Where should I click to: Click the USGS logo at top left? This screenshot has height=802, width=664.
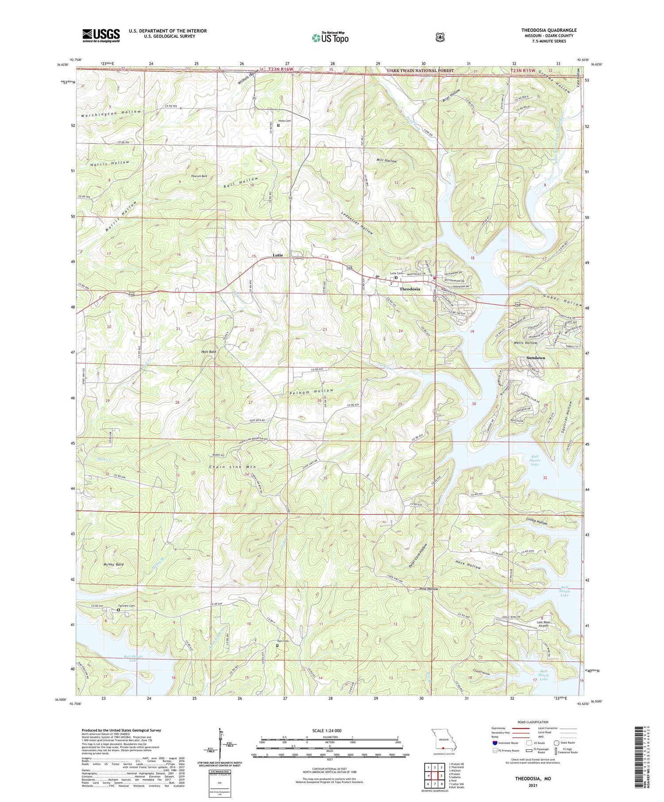(x=101, y=35)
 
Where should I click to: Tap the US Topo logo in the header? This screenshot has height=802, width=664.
(x=330, y=38)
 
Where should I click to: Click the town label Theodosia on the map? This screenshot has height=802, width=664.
(x=410, y=289)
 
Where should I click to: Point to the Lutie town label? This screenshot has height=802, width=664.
(x=278, y=255)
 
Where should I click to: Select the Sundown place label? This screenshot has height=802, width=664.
(x=536, y=357)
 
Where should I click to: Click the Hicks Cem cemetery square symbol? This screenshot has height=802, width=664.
(x=278, y=125)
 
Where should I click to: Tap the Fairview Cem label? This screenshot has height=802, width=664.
(x=126, y=606)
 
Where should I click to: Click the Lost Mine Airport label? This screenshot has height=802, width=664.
(x=543, y=624)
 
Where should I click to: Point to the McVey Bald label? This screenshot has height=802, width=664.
(x=113, y=564)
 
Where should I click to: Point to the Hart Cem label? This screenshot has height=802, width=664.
(x=283, y=641)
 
